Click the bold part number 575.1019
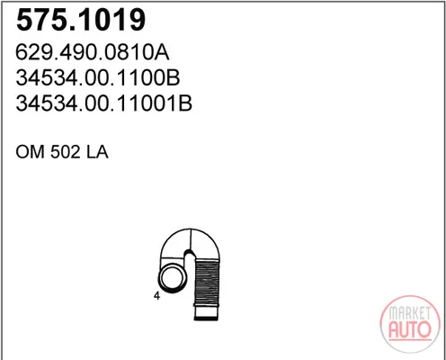[x=81, y=20]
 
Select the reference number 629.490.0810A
[x=93, y=52]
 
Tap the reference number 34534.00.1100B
[x=98, y=77]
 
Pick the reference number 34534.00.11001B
[x=103, y=103]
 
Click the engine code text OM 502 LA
[x=62, y=152]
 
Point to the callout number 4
[x=156, y=296]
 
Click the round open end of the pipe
[x=173, y=278]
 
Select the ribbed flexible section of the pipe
[x=207, y=283]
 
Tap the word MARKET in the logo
[x=410, y=314]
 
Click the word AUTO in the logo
[x=410, y=329]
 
